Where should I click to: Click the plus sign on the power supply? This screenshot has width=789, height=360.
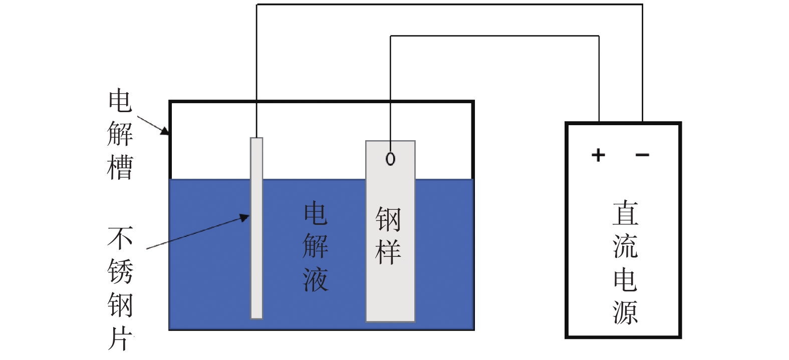tap(598, 155)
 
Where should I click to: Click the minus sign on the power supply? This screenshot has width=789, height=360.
tap(642, 155)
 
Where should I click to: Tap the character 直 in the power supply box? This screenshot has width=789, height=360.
tap(625, 213)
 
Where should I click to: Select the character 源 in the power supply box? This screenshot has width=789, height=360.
tap(625, 311)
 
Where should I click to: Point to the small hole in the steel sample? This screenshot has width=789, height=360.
tap(390, 159)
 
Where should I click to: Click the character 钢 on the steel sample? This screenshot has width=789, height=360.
tap(388, 219)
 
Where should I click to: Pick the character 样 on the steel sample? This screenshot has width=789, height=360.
tap(388, 252)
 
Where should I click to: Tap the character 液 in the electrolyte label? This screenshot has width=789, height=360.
tap(316, 278)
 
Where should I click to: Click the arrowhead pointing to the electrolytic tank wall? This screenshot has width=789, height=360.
tap(166, 132)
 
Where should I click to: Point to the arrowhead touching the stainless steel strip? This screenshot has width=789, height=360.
tap(245, 217)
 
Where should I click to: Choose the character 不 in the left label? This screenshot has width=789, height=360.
tap(120, 238)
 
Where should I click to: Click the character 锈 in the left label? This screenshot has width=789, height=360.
tap(120, 271)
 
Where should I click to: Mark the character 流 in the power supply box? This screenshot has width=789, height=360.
tap(625, 246)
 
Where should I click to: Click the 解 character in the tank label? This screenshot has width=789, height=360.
tap(120, 134)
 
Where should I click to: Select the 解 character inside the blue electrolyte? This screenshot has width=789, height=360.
tap(316, 246)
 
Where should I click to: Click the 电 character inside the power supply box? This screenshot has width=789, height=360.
tap(625, 279)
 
